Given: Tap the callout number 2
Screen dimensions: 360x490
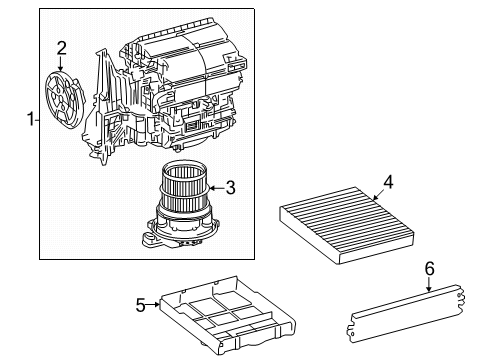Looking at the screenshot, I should click(x=62, y=47).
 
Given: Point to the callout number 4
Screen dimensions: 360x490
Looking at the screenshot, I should click(x=389, y=181).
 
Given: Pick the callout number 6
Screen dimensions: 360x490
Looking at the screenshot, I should click(x=430, y=268).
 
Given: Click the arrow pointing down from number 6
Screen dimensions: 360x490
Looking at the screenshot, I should click(x=430, y=284).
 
